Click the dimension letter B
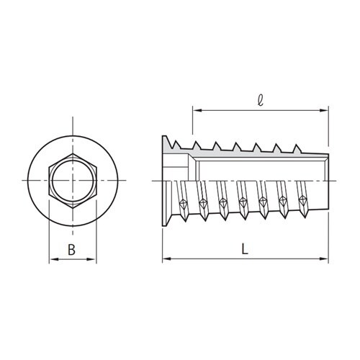click(x=72, y=250)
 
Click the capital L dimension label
click(x=246, y=249)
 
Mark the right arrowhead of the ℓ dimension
click(x=328, y=110)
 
